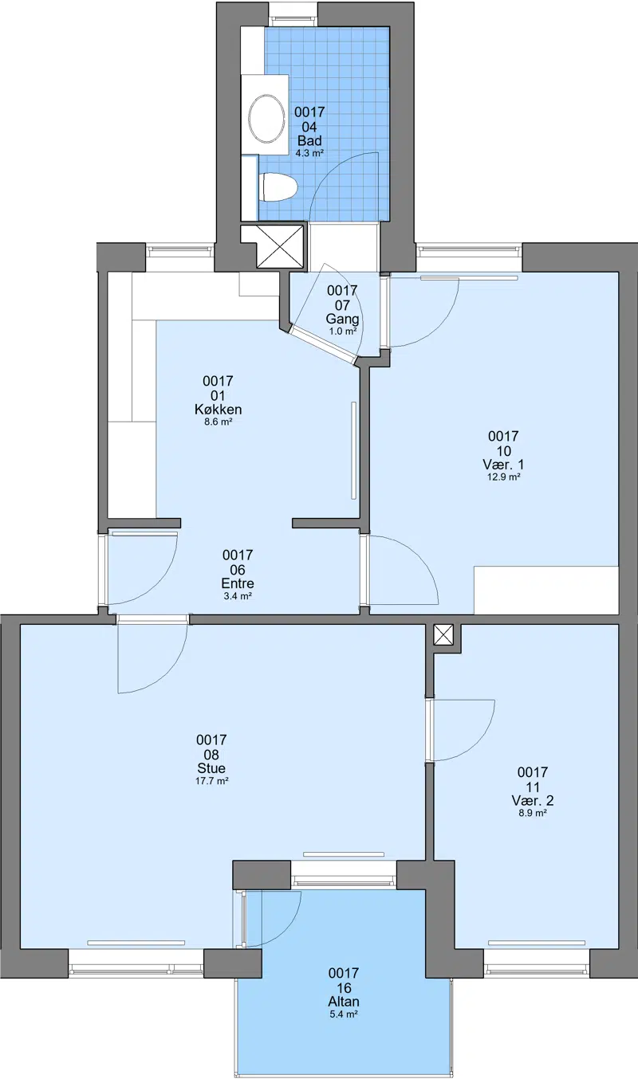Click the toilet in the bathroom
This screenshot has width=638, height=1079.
pos(278,187)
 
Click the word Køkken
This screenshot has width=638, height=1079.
pos(218,410)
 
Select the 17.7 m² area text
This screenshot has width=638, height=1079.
pos(211,781)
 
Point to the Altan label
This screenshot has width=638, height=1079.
pos(344,1002)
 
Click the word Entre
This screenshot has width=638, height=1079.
pos(238,583)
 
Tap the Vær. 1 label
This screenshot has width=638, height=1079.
pos(503,465)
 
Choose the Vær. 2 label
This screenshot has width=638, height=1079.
pos(533,801)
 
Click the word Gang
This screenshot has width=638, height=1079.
pos(342,319)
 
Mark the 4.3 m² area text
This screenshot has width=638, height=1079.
pos(309,153)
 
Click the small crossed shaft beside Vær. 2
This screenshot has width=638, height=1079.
pos(443,634)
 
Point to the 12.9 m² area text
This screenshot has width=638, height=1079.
pos(503,477)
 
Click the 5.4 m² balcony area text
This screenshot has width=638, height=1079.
pos(344,1014)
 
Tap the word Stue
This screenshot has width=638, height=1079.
pos(211,768)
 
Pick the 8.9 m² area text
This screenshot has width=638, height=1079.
pos(533,813)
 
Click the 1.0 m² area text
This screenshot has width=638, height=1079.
pos(342,332)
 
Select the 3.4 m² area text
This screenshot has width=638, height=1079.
pos(238,596)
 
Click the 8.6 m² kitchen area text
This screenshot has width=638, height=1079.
pos(219,422)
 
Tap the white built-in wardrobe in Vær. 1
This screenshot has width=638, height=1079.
pos(546,590)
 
